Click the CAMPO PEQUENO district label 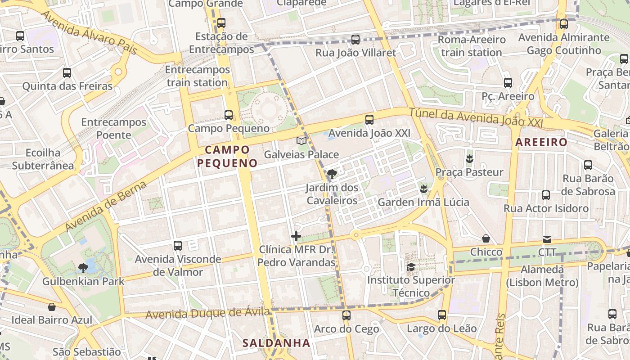tap(227, 156)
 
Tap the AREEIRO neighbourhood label tap(541, 142)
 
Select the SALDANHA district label tap(276, 343)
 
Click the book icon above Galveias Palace tap(301, 141)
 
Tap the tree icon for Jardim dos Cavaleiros tap(332, 174)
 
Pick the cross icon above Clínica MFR tap(296, 236)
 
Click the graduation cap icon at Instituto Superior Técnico tap(411, 267)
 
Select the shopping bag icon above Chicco tap(486, 238)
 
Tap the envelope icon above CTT tap(547, 239)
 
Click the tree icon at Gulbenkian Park tap(83, 268)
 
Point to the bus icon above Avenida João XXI tap(369, 119)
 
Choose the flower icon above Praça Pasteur tap(469, 158)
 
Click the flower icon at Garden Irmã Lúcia tap(423, 189)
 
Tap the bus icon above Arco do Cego tap(346, 315)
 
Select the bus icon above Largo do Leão tap(442, 315)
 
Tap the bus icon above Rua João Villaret tap(355, 40)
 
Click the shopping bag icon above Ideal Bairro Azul tap(52, 307)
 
